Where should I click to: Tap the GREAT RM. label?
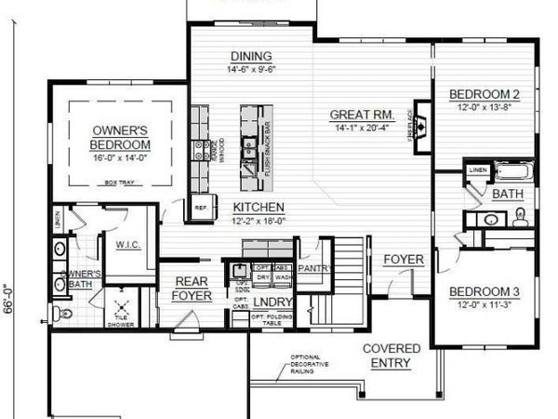tap(363, 115)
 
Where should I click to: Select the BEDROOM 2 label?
tap(483, 94)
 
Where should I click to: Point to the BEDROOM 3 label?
tap(483, 292)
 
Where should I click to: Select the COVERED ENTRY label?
tap(392, 356)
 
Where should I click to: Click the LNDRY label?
tap(272, 303)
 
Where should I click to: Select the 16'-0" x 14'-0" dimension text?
tap(121, 159)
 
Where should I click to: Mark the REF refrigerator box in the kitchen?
tap(199, 209)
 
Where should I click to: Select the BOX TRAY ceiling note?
tap(121, 182)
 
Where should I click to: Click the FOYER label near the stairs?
tap(403, 259)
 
